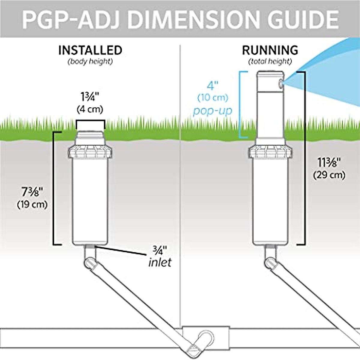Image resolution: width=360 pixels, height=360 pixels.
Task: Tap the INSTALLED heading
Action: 90,50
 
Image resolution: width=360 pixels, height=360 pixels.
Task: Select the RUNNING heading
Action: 270,50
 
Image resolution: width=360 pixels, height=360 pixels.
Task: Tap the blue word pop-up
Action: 213,111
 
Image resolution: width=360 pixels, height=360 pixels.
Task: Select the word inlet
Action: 160,262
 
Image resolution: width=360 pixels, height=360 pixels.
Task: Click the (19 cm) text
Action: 33,205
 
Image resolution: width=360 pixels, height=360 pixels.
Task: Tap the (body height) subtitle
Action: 90,62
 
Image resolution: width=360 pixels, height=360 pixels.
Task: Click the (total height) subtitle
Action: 270,62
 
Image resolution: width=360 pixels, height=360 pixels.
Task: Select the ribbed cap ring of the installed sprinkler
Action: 90,152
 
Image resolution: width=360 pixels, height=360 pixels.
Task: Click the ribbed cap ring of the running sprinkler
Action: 270,152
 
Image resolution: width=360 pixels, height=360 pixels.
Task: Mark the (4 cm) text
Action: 90,109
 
